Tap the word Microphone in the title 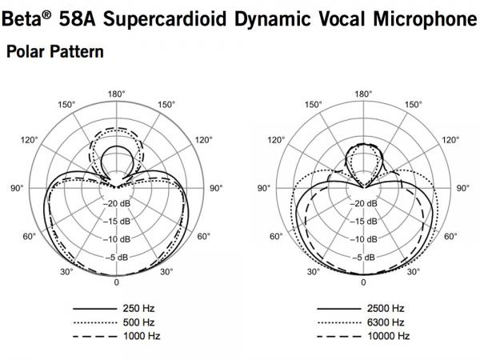point(425,19)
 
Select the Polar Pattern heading point(55,51)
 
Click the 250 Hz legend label point(138,308)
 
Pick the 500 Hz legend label point(138,322)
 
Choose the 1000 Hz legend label point(142,336)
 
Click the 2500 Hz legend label point(386,308)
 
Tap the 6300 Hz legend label point(386,322)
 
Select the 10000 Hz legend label point(389,336)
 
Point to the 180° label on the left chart point(116,94)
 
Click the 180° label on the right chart point(363,94)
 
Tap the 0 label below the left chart point(116,282)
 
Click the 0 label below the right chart point(363,282)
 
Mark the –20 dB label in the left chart point(117,203)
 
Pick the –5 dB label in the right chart point(363,258)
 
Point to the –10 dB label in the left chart point(117,239)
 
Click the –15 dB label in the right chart point(363,222)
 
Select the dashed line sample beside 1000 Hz point(95,337)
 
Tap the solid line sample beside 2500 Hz point(339,309)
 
